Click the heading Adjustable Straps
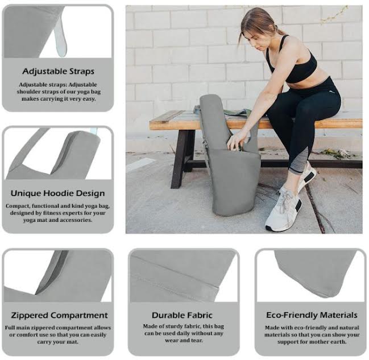(x=58, y=72)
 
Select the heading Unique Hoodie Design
(x=58, y=193)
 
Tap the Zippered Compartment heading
(x=59, y=315)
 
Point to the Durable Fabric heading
(x=182, y=315)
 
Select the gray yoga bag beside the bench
(x=230, y=171)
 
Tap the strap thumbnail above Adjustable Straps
(x=58, y=32)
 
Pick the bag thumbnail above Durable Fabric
(x=182, y=276)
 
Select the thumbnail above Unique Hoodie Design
(x=58, y=154)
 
